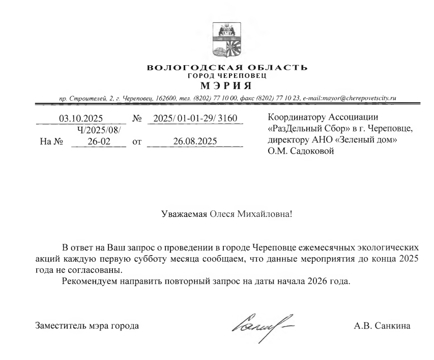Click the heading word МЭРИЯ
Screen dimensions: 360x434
[x=226, y=84]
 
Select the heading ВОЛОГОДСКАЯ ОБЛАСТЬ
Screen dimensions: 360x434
[x=226, y=68]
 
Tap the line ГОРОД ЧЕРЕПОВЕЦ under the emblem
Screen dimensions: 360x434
[x=226, y=75]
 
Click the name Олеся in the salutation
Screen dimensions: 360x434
[x=221, y=214]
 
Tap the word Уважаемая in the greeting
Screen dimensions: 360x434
[x=183, y=214]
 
